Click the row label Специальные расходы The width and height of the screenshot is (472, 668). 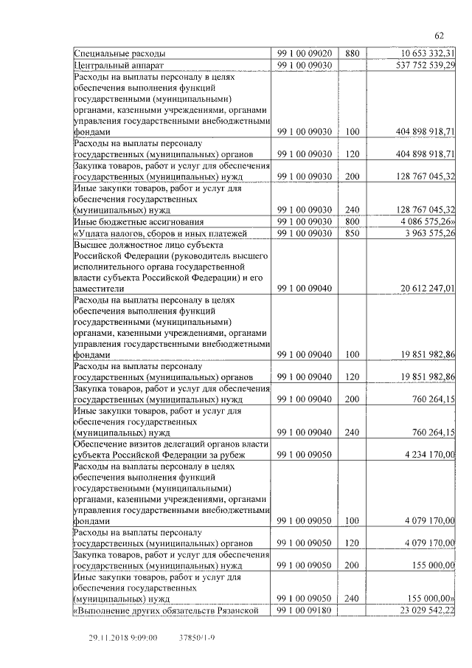(120, 53)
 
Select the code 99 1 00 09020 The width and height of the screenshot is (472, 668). (305, 53)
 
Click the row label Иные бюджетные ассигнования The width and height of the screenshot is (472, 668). (138, 221)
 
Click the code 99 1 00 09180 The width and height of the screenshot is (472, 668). (305, 610)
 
